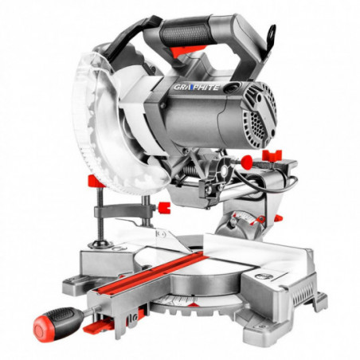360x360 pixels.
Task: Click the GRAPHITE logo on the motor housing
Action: pyautogui.click(x=197, y=87)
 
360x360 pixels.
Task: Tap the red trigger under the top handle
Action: pyautogui.click(x=188, y=50)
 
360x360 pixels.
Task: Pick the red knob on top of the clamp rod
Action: pyautogui.click(x=95, y=182)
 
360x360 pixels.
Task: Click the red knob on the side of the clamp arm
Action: pyautogui.click(x=164, y=208)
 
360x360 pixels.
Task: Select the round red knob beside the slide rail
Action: pyautogui.click(x=247, y=161)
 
